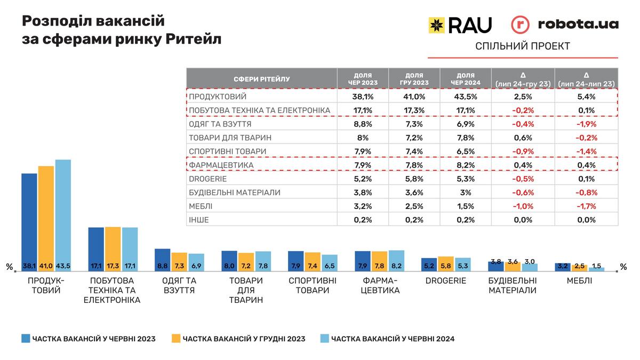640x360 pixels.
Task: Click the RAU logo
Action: [460, 25]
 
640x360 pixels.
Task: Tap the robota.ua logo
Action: [565, 25]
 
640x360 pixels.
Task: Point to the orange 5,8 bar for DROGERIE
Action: [446, 264]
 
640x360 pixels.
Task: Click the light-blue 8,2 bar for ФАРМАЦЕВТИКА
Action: [396, 261]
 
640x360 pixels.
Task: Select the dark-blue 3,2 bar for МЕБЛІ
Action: [563, 267]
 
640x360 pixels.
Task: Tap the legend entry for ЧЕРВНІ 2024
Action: [387, 338]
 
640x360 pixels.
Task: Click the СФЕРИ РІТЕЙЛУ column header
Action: [261, 79]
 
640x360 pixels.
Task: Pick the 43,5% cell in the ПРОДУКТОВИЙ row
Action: [465, 97]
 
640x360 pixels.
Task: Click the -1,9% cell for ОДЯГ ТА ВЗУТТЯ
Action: [586, 124]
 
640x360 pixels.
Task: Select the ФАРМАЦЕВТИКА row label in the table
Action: [221, 165]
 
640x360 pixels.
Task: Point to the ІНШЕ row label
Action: [199, 220]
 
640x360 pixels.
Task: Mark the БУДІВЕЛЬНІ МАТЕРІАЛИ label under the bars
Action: [513, 285]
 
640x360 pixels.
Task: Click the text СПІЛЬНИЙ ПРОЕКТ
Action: [522, 46]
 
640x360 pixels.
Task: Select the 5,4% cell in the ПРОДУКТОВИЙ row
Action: [586, 97]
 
